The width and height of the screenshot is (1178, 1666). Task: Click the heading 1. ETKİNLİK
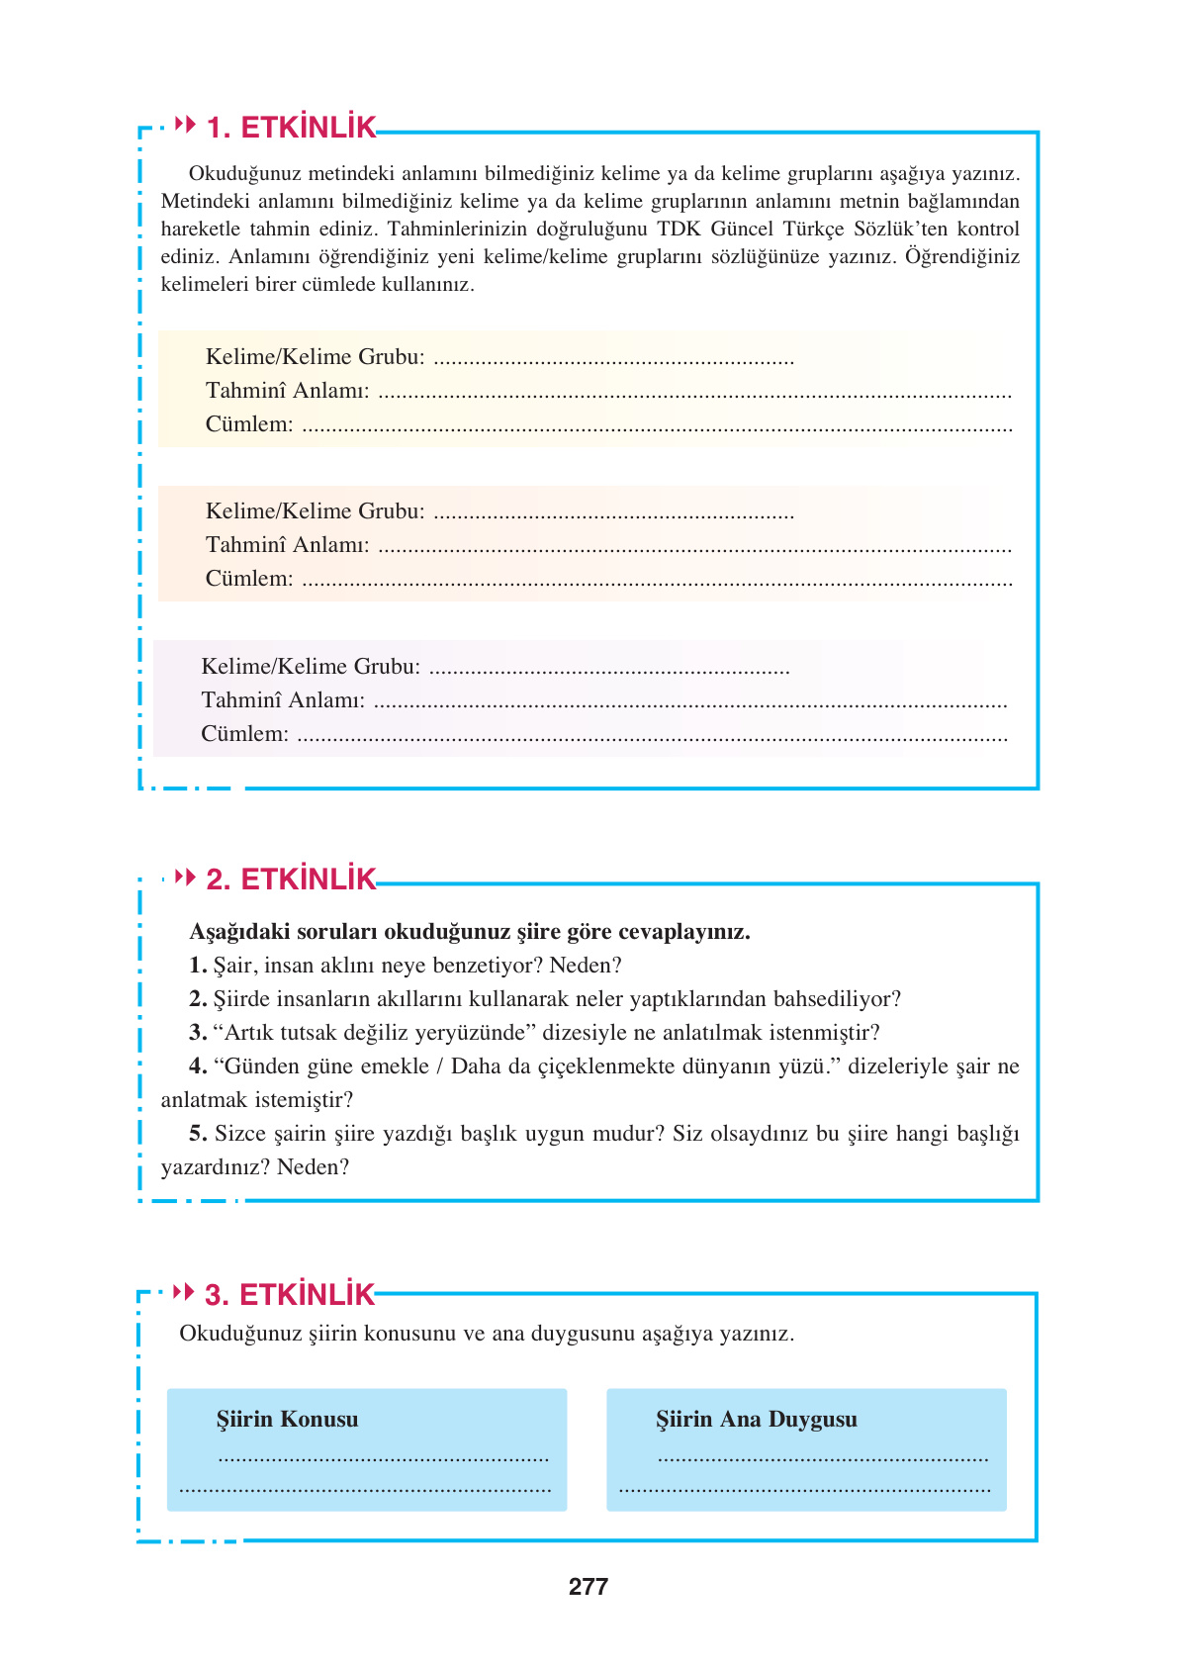coord(291,128)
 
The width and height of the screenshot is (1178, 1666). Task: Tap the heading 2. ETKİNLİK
coord(291,879)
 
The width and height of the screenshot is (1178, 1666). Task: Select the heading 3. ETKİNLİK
coord(290,1295)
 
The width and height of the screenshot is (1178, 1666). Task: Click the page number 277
coord(589,1587)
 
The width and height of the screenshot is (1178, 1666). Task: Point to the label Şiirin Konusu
coord(287,1420)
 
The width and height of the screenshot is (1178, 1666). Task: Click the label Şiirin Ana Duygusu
coord(756,1420)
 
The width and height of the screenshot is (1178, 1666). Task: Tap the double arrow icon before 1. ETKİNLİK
coord(185,125)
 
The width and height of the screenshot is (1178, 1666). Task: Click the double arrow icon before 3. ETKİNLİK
coord(184,1292)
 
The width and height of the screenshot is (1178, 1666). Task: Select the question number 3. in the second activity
coord(198,1033)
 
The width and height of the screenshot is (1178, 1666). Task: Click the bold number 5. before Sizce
coord(198,1134)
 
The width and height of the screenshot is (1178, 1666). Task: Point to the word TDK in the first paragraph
coord(680,230)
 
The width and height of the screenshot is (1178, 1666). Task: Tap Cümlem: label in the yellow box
coord(249,424)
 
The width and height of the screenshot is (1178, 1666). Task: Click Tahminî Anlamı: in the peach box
coord(287,545)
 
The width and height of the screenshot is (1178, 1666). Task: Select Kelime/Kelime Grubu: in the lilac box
coord(311,667)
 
